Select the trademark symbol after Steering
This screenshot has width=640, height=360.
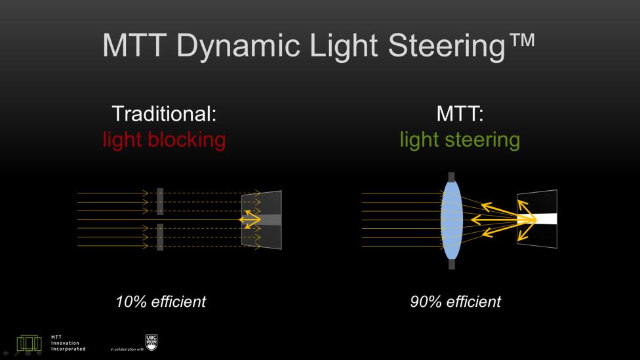click(521, 41)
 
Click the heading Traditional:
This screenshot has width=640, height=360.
click(164, 113)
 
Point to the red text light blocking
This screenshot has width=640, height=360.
click(164, 140)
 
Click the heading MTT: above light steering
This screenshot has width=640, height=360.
click(460, 113)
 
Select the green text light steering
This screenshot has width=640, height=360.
click(460, 140)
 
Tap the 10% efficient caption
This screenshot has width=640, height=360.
click(161, 302)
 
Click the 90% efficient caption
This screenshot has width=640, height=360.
click(455, 302)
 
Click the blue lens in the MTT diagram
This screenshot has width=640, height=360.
click(451, 220)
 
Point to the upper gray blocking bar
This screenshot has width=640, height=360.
click(160, 201)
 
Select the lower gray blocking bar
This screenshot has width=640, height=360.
click(160, 237)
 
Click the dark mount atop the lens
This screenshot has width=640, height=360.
click(451, 177)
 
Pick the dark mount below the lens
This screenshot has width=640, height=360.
click(451, 264)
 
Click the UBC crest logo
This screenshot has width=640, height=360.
click(151, 342)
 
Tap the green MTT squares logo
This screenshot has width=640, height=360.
click(29, 344)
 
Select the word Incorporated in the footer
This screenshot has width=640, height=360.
click(68, 349)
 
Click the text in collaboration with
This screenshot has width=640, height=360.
click(127, 350)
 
